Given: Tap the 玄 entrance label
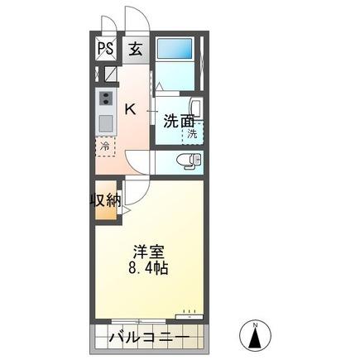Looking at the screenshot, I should click(135, 48).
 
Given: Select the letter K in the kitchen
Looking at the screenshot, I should click(130, 108).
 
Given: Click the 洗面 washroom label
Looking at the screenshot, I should click(179, 119).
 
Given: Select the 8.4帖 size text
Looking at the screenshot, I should click(147, 269).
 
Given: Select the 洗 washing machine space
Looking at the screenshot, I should click(191, 133).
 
